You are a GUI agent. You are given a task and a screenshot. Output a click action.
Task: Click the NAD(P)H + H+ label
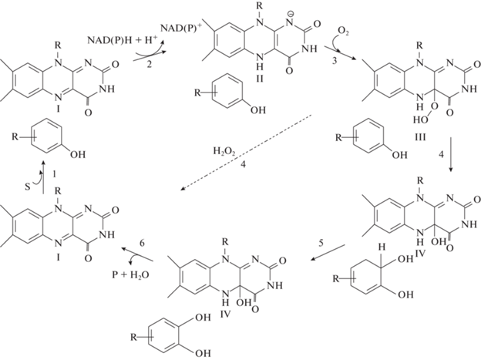click(x=122, y=40)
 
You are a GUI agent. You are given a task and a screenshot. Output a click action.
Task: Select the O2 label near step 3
click(x=343, y=32)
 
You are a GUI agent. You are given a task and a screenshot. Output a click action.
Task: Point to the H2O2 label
click(x=224, y=151)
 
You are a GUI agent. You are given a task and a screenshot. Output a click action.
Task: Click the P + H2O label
click(x=130, y=274)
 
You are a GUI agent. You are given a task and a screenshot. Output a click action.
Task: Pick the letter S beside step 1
click(x=28, y=187)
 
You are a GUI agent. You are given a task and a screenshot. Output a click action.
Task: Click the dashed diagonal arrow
click(x=247, y=153)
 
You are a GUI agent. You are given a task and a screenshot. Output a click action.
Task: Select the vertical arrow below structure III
click(x=451, y=155)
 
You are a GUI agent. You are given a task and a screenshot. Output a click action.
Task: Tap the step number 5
click(x=321, y=244)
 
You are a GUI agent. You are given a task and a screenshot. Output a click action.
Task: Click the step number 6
click(x=142, y=243)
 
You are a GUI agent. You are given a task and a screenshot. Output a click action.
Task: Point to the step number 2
click(x=149, y=65)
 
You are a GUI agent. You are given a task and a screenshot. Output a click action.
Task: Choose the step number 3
click(x=335, y=60)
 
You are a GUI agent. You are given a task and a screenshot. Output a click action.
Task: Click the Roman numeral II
click(x=260, y=79)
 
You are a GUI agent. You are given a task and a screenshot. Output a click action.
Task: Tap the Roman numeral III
click(x=420, y=136)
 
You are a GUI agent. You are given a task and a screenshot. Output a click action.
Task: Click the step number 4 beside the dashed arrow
click(x=243, y=164)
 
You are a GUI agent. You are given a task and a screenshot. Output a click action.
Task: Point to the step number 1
click(x=54, y=174)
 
